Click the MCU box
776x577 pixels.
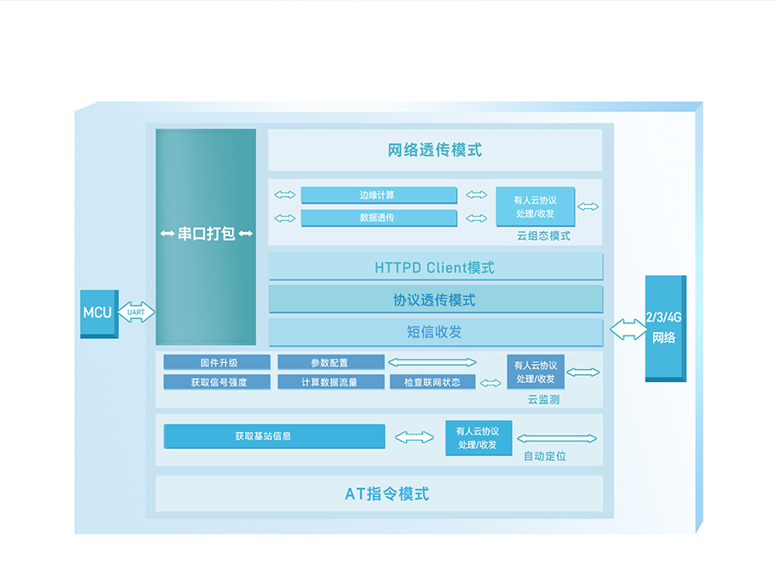(98, 312)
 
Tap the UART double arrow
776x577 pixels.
(136, 312)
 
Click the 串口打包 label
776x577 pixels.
(206, 234)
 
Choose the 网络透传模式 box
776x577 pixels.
(435, 150)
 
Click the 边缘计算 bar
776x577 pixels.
(378, 195)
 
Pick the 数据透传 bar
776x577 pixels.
(378, 217)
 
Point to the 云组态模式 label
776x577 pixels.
(543, 235)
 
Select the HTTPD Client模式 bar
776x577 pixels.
(435, 267)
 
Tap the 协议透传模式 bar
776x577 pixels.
(435, 300)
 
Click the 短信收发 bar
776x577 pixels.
(435, 332)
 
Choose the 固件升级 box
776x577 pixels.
(216, 362)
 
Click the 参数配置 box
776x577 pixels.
(330, 362)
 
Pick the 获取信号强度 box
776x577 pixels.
(216, 382)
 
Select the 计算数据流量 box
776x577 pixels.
(330, 382)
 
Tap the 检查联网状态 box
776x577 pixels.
(432, 382)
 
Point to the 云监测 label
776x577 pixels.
(544, 399)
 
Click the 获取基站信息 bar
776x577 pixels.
(274, 436)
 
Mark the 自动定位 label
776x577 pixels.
(545, 455)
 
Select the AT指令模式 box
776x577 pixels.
(386, 494)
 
